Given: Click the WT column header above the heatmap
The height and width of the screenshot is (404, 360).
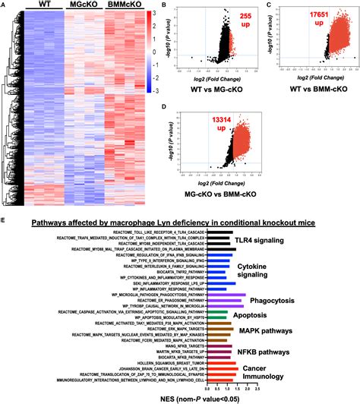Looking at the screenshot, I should [x=43, y=6].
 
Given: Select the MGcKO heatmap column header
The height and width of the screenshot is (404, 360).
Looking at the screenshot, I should [x=83, y=6].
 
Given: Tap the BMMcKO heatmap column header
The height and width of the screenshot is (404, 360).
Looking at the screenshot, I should [x=124, y=6].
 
